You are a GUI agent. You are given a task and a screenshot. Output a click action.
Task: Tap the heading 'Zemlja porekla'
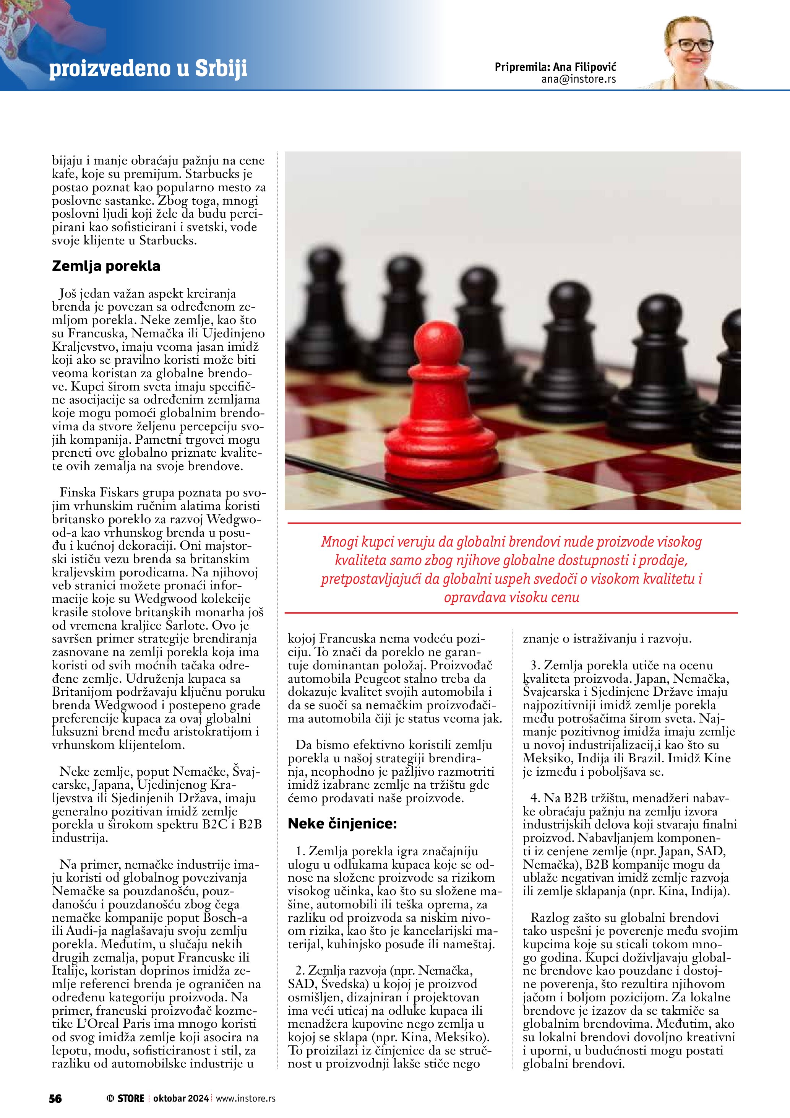click(x=106, y=266)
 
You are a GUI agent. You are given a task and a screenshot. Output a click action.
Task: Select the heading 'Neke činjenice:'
click(x=342, y=823)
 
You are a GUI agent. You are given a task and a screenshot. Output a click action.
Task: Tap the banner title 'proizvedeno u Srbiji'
click(x=148, y=69)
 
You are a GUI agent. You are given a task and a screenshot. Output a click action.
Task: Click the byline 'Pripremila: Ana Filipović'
click(x=555, y=67)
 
